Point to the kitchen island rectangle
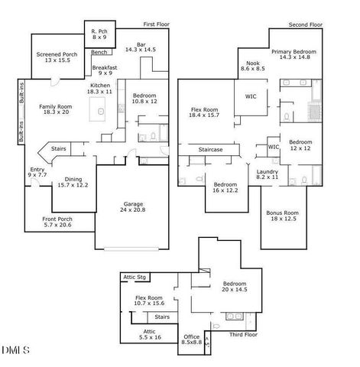(96, 112)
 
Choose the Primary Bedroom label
(299, 54)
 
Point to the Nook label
(251, 65)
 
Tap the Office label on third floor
(191, 338)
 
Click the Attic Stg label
(135, 276)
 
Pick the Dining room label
(72, 182)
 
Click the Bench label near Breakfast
(99, 53)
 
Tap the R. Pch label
(99, 33)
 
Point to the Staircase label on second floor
(210, 150)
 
